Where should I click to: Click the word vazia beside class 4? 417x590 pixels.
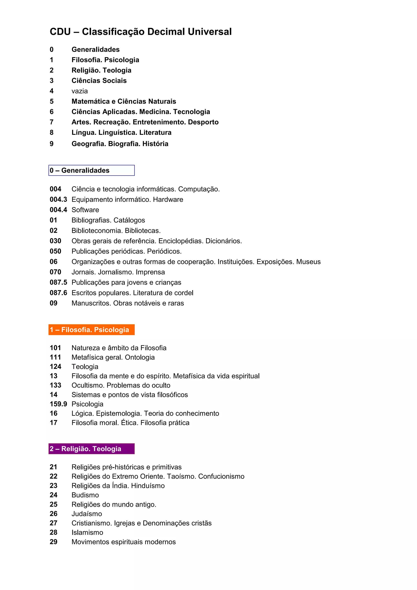(x=80, y=91)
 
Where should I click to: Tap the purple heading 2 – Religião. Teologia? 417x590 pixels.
(x=91, y=449)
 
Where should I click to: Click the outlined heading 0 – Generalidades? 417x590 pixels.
(x=91, y=170)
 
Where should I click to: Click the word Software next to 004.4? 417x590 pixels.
(x=85, y=210)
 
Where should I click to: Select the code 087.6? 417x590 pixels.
(x=58, y=293)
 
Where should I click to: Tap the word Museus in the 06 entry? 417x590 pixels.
(x=308, y=262)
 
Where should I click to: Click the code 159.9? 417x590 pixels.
(x=58, y=404)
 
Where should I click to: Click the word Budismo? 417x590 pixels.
(x=85, y=495)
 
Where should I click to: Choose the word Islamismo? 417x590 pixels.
(x=87, y=532)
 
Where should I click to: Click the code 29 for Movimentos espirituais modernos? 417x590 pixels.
(x=53, y=542)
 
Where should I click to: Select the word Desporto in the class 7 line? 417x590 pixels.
(x=203, y=122)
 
